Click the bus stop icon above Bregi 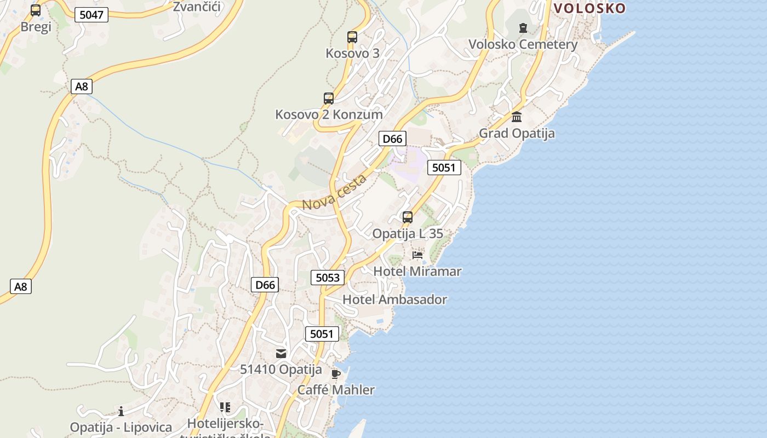click(x=36, y=10)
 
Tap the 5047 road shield click(x=91, y=15)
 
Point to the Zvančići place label click(x=196, y=7)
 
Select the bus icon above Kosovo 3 click(x=352, y=37)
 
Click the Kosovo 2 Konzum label click(x=329, y=114)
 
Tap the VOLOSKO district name click(x=589, y=8)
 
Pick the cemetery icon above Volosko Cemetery click(x=523, y=27)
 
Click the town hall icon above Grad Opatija click(x=517, y=117)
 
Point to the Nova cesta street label click(x=334, y=192)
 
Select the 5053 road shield click(x=328, y=278)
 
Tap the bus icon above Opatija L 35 click(x=408, y=217)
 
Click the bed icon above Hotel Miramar click(x=417, y=255)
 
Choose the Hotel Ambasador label click(x=394, y=299)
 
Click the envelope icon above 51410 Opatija click(x=281, y=353)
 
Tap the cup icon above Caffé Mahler click(x=336, y=374)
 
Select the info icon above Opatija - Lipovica click(x=121, y=411)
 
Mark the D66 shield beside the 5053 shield click(x=265, y=285)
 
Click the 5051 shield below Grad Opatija click(x=444, y=168)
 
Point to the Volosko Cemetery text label click(x=523, y=44)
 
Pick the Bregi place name click(x=36, y=27)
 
